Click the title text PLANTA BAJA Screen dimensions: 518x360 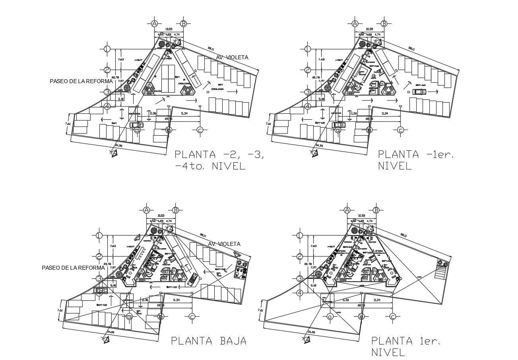tap(208, 341)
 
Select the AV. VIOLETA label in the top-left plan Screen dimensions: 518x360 tap(232, 57)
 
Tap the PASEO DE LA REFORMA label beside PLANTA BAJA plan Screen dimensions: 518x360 tap(73, 268)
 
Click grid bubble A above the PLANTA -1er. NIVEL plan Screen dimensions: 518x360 tap(355, 23)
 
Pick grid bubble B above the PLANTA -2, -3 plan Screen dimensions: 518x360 tap(183, 23)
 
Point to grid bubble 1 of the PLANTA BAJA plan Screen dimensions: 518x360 tap(99, 236)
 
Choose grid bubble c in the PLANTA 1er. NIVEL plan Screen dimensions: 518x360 tap(392, 317)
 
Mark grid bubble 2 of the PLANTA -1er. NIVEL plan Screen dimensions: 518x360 tap(307, 70)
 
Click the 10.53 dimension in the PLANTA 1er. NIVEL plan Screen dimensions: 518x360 tap(361, 216)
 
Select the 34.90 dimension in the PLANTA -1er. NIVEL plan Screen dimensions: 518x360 tap(319, 145)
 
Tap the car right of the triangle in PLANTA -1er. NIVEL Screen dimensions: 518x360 tap(419, 91)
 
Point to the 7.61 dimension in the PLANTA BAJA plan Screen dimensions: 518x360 tap(60, 310)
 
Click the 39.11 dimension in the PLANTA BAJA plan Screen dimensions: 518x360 tap(203, 235)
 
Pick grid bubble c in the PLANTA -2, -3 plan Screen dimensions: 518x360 tap(200, 130)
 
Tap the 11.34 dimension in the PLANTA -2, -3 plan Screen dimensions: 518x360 tap(184, 114)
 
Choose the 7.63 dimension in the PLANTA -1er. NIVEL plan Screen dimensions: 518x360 tap(321, 59)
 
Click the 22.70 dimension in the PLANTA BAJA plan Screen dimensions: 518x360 tap(160, 305)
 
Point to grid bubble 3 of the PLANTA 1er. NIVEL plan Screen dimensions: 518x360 tap(299, 278)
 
